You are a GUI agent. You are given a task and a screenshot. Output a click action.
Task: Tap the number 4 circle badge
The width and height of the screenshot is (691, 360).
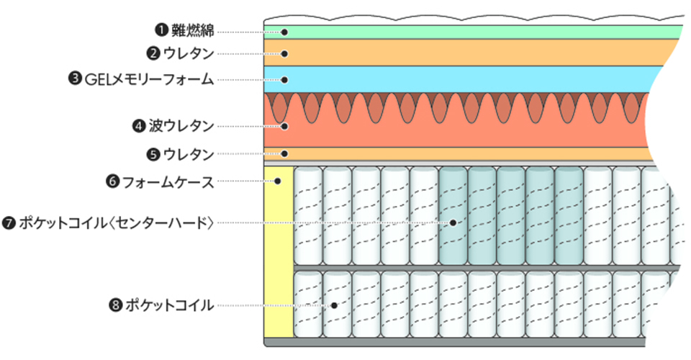click(x=139, y=126)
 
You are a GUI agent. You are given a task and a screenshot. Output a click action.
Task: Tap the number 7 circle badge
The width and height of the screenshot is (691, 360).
click(x=9, y=222)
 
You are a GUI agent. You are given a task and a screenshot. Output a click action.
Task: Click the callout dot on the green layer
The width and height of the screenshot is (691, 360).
click(x=285, y=32)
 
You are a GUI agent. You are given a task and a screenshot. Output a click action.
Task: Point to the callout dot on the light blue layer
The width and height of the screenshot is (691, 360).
click(x=285, y=79)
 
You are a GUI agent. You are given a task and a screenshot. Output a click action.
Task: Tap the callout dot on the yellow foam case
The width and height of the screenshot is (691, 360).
click(x=278, y=181)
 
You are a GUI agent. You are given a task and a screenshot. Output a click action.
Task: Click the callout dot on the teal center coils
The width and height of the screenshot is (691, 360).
click(x=453, y=222)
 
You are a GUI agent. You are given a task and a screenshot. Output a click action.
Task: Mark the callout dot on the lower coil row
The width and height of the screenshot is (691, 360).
click(x=335, y=305)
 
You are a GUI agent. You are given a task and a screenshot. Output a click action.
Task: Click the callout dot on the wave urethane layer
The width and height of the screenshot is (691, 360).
click(x=285, y=126)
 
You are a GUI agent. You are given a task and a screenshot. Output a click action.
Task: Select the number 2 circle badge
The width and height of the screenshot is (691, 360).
click(x=152, y=53)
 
